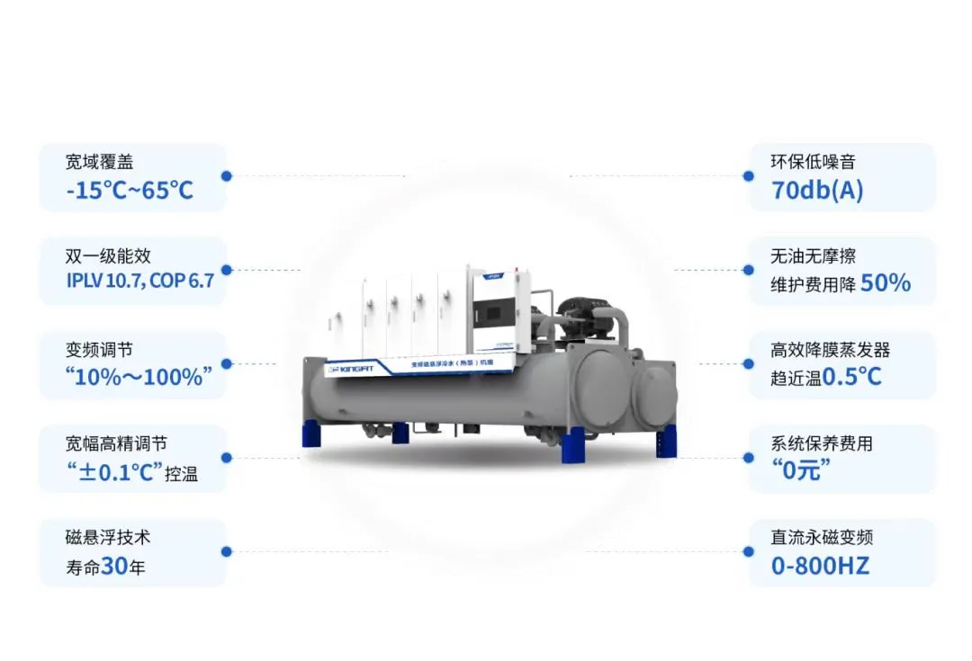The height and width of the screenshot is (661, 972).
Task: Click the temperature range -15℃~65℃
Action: (130, 191)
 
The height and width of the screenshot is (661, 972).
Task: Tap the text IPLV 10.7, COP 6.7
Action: (139, 281)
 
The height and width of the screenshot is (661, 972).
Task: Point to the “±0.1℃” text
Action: (113, 472)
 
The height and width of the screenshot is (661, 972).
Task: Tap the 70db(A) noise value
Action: (816, 191)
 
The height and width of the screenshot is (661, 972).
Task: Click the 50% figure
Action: (886, 284)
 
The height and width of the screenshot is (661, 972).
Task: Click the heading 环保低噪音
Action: (813, 163)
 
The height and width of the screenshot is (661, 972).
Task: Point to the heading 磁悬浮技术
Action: (107, 538)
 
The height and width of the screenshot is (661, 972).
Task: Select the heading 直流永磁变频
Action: (822, 538)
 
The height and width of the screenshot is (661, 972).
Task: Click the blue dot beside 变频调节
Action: (227, 363)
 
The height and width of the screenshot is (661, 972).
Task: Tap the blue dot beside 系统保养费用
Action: (747, 457)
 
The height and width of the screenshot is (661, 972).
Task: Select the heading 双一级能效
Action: (107, 256)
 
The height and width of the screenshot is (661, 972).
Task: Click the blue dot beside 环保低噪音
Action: (747, 176)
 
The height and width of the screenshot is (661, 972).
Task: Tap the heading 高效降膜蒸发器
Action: (831, 350)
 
